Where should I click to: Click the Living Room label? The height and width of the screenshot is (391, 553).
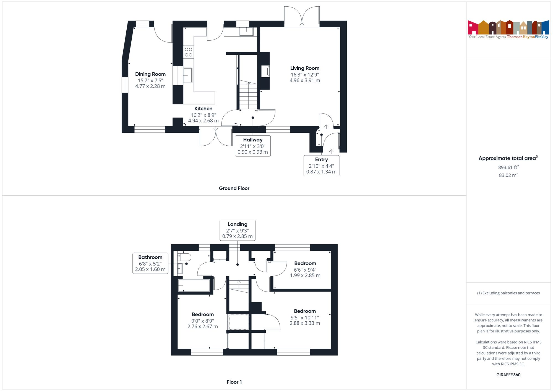pos(305,68)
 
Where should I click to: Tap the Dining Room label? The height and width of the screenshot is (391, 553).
pos(150,74)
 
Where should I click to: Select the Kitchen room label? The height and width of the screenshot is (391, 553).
pos(203,109)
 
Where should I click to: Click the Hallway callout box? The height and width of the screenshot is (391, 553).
pos(253,146)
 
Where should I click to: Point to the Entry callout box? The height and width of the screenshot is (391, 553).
pos(321,166)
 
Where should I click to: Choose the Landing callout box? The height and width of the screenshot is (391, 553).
pos(237,230)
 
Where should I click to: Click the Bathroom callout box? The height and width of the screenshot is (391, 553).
pos(150,263)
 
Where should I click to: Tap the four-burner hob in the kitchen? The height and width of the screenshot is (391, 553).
pos(189,52)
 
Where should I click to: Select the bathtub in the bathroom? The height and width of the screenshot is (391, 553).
pos(194,285)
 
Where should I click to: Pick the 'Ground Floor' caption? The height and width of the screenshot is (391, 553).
pos(234,188)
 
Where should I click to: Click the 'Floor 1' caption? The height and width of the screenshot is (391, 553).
pos(234,382)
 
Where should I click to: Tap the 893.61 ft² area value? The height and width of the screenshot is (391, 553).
pos(508,167)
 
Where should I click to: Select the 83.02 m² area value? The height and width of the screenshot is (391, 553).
pos(508,175)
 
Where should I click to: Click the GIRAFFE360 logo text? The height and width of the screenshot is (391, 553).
pos(508,375)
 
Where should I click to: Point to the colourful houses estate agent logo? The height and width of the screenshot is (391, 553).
pos(508,28)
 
